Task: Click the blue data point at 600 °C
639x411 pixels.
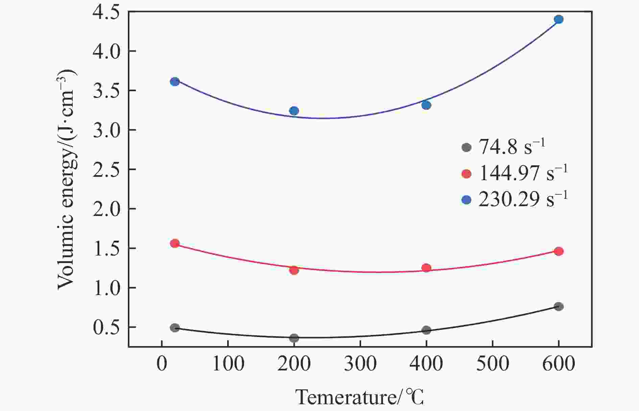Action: pos(559,19)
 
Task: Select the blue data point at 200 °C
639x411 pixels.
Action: pos(294,111)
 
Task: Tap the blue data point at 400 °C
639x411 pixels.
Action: pos(426,105)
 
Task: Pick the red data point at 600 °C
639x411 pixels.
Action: pos(559,251)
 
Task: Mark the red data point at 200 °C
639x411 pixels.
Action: pos(294,270)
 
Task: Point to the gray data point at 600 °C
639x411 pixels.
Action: pos(559,307)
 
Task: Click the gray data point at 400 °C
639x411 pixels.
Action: pos(426,330)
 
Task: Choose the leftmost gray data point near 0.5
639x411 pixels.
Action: pos(175,328)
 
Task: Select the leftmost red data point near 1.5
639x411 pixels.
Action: pos(175,243)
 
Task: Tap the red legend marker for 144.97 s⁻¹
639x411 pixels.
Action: pos(466,174)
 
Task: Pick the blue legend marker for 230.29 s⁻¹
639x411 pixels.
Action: pos(466,200)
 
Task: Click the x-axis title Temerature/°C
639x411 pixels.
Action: pos(359,397)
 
